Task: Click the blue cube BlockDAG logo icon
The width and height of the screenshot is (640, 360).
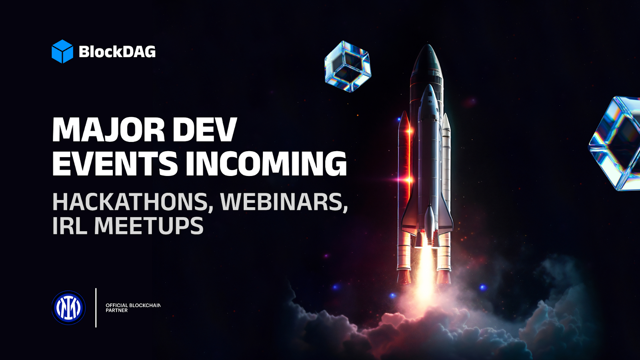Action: [x=62, y=52]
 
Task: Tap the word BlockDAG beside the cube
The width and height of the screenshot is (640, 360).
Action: [x=117, y=52]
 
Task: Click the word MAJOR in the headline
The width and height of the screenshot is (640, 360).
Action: [x=108, y=130]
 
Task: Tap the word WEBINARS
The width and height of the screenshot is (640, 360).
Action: [x=284, y=202]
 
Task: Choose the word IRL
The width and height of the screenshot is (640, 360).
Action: [x=70, y=226]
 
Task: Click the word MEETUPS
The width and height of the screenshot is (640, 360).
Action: [x=149, y=226]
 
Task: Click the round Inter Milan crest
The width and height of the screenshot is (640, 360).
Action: [x=68, y=308]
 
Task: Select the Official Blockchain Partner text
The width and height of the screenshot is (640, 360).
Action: [x=133, y=308]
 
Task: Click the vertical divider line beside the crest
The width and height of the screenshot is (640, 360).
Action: [x=96, y=308]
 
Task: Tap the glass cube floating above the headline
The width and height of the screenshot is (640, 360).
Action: [x=348, y=66]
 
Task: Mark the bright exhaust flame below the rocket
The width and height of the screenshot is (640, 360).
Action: [x=425, y=272]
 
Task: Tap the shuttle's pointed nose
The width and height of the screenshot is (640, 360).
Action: [x=429, y=86]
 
